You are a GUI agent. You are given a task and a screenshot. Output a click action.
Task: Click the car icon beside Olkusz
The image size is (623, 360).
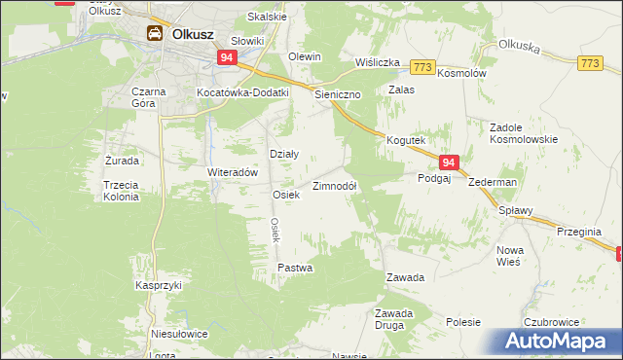pos(155,34)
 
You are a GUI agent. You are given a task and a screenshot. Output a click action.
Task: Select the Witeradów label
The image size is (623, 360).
pos(232,171)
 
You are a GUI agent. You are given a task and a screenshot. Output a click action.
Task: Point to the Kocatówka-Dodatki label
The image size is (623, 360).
pos(243,92)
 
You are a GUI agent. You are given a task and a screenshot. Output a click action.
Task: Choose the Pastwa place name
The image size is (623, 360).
pos(295,268)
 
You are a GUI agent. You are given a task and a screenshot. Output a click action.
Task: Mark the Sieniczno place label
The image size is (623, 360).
pos(339,95)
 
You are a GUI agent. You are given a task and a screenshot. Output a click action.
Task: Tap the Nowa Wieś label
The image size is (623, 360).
pos(509,256)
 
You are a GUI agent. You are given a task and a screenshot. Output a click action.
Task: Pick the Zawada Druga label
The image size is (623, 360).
pos(395,318)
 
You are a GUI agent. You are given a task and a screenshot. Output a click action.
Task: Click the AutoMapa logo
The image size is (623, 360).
pos(558,342)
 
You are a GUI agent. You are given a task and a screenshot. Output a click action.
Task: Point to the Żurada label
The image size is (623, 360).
pos(122,161)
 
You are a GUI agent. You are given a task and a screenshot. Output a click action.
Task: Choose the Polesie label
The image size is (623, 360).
pos(464,321)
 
